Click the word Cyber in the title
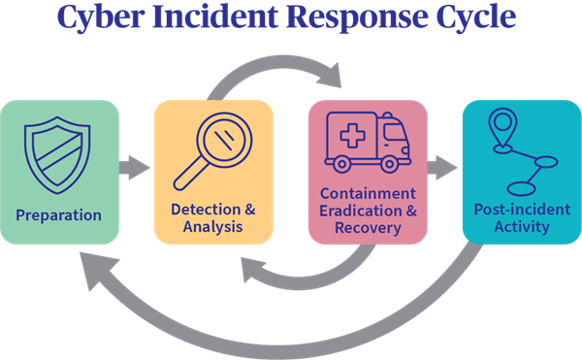click(x=101, y=16)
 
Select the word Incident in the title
click(x=215, y=16)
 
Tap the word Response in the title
click(x=356, y=17)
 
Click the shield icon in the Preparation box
click(x=57, y=155)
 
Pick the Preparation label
click(x=58, y=215)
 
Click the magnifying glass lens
click(x=224, y=141)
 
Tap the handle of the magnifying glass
click(x=189, y=174)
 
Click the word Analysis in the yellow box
click(x=213, y=227)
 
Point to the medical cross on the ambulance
click(x=353, y=136)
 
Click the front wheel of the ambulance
click(x=389, y=164)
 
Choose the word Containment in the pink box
click(x=368, y=194)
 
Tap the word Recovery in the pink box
click(x=368, y=228)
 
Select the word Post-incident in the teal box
click(x=522, y=210)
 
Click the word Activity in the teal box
click(x=522, y=227)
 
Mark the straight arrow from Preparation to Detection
click(x=135, y=168)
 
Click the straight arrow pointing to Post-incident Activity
click(x=442, y=168)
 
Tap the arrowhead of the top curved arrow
click(x=331, y=76)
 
